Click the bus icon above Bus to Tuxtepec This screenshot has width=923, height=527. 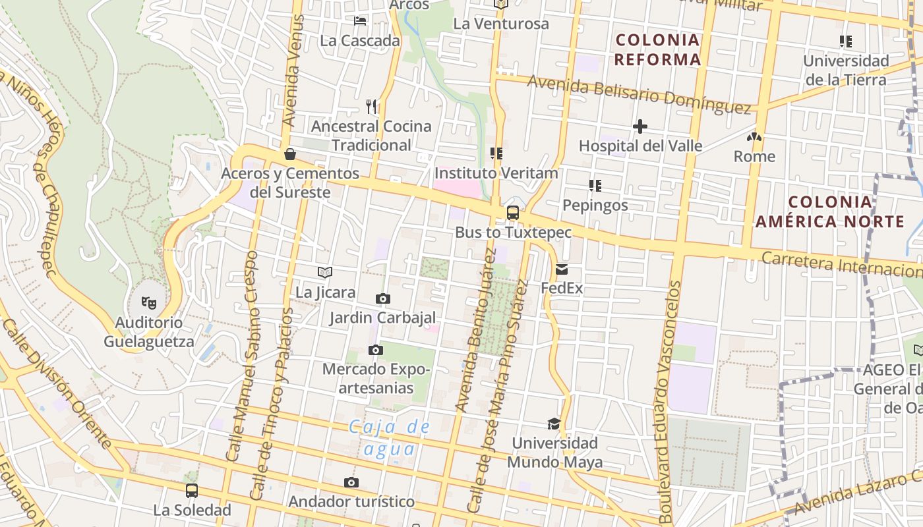tap(512, 213)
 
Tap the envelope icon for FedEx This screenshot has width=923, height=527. tap(562, 269)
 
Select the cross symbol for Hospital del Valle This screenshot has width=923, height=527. tap(640, 126)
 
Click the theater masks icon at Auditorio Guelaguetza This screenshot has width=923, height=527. tap(149, 303)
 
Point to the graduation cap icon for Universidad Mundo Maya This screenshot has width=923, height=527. tap(554, 424)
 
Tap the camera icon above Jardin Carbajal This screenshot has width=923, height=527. tap(382, 299)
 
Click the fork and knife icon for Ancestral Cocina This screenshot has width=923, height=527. tap(372, 106)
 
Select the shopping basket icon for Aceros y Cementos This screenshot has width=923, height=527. tap(289, 155)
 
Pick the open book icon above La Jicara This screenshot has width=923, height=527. tap(324, 272)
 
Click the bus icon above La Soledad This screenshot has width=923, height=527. tap(191, 491)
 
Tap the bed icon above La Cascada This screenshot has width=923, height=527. tap(360, 21)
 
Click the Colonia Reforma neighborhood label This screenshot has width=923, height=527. tap(657, 49)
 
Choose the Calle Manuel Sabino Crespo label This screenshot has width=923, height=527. tap(242, 356)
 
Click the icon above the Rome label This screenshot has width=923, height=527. tap(754, 137)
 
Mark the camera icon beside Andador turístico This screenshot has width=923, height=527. tap(351, 483)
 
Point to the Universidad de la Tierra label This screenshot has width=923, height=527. tap(846, 70)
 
